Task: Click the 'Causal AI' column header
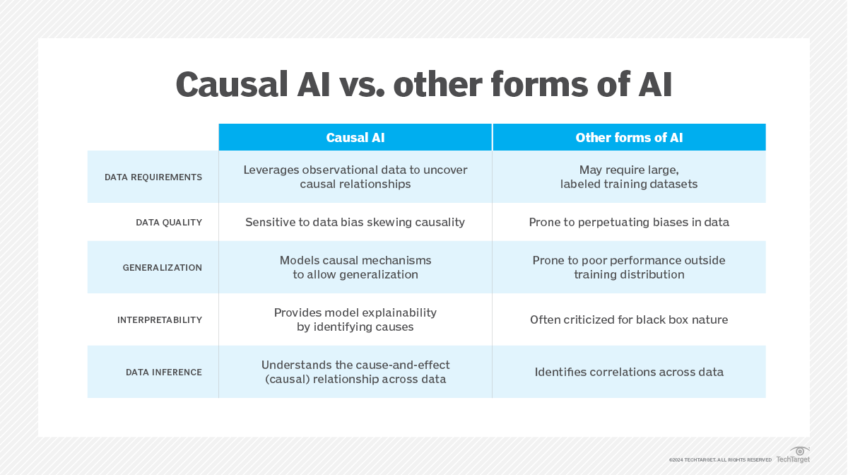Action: click(x=355, y=138)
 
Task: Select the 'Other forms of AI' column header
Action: click(x=629, y=138)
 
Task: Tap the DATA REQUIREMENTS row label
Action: click(x=153, y=177)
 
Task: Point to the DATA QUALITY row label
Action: click(x=169, y=223)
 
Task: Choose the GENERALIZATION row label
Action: click(x=163, y=268)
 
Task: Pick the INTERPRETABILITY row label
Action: click(x=160, y=320)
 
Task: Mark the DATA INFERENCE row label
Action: click(x=164, y=373)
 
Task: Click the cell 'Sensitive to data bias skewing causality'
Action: click(x=355, y=223)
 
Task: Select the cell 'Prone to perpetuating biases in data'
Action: click(x=629, y=223)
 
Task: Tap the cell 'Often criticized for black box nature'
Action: click(x=629, y=320)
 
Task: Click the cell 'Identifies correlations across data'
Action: click(x=629, y=373)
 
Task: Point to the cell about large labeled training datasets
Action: click(x=629, y=177)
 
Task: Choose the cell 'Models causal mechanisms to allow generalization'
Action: click(x=355, y=268)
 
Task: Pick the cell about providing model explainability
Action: click(x=355, y=320)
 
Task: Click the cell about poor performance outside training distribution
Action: click(x=629, y=268)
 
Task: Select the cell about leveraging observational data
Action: click(x=355, y=177)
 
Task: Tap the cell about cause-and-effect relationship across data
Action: click(x=355, y=373)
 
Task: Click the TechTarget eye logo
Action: click(x=800, y=451)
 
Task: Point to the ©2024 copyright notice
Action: click(x=720, y=460)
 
